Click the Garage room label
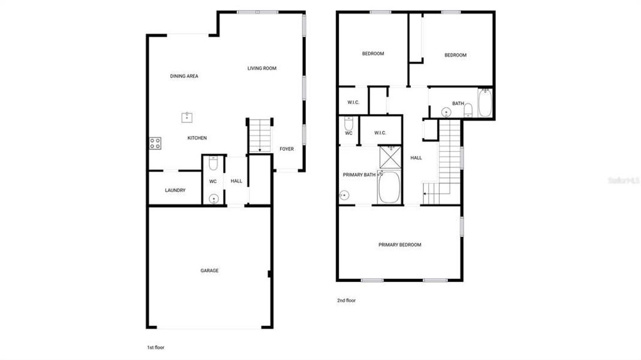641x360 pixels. tap(209, 271)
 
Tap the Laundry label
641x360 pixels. tap(175, 190)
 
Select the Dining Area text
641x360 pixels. tap(184, 76)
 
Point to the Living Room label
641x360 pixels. tap(262, 68)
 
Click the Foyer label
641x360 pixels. tap(287, 149)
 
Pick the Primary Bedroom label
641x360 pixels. tap(399, 245)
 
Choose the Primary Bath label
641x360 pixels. tap(359, 175)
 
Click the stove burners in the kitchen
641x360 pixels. tap(155, 143)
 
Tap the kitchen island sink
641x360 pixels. tap(187, 117)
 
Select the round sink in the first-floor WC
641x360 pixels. tap(212, 199)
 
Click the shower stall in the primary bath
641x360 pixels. tap(390, 157)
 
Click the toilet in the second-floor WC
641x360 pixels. tap(348, 124)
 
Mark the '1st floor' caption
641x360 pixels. tap(156, 347)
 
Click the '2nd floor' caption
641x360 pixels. tap(346, 300)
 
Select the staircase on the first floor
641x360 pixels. tap(260, 134)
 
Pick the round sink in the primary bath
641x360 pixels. tap(344, 195)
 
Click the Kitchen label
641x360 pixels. tap(197, 138)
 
